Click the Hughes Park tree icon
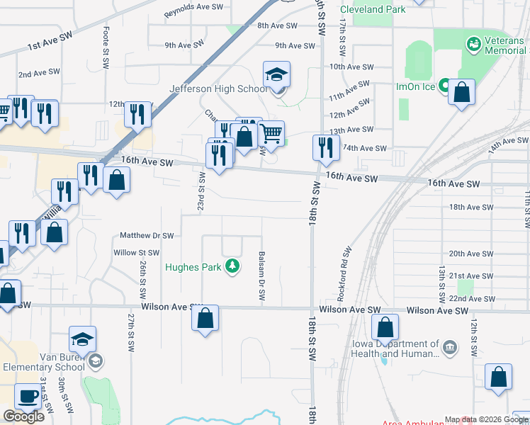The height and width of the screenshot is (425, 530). click(232, 266)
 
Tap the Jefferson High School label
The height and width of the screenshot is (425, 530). click(218, 89)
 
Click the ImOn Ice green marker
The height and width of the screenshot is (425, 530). click(444, 86)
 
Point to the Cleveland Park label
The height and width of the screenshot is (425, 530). click(373, 10)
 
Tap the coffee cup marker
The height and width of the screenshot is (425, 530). click(28, 396)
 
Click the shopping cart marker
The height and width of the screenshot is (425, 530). click(271, 132)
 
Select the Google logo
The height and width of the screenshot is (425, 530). click(23, 416)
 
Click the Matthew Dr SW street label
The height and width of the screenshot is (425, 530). click(147, 235)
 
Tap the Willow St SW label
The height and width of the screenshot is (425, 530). click(136, 252)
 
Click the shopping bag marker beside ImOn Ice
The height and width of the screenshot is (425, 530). click(461, 92)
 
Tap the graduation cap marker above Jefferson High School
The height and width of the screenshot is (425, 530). click(276, 73)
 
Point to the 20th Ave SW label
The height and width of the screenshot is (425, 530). click(470, 254)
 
